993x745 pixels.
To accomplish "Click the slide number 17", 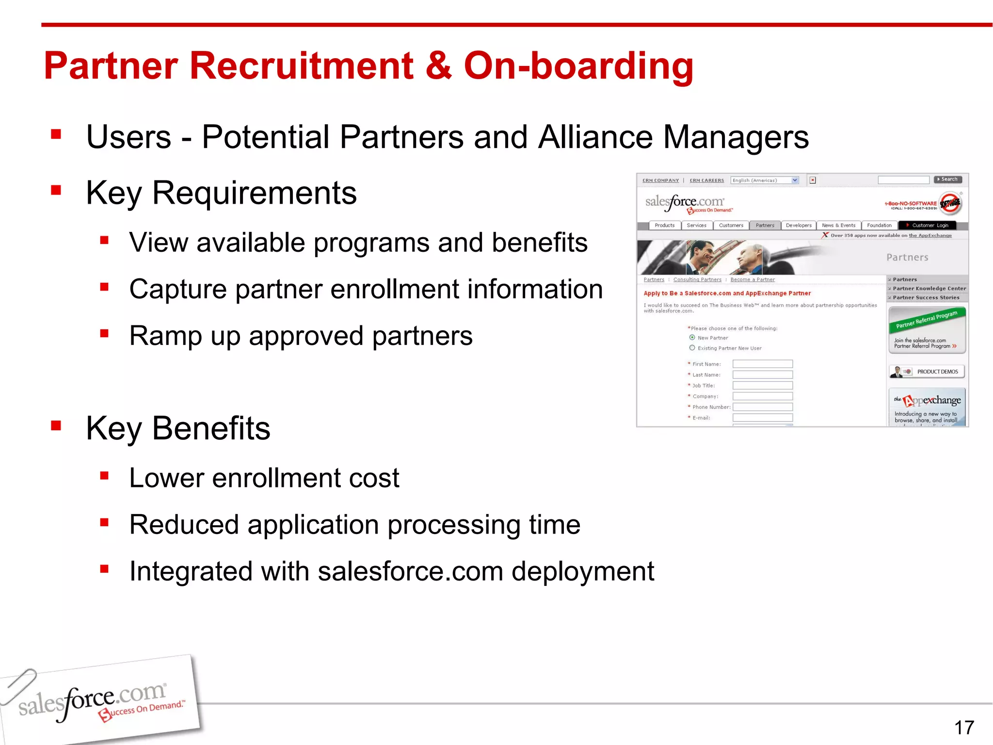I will (x=964, y=728).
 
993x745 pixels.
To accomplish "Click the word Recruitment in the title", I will (x=301, y=66).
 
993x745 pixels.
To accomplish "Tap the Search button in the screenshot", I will (x=948, y=179).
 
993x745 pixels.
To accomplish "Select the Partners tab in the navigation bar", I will (x=765, y=226).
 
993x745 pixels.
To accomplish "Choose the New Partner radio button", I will (x=692, y=338).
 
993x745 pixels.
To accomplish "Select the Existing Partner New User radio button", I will (x=692, y=348).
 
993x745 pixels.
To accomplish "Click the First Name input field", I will (x=762, y=364).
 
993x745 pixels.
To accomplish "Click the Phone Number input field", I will (x=762, y=407).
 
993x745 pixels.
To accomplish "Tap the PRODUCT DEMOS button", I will (x=927, y=372).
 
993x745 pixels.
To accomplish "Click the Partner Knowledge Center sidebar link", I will (x=929, y=289).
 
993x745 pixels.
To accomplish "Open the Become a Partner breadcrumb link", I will (x=752, y=280).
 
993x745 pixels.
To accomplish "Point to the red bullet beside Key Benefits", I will (x=56, y=426).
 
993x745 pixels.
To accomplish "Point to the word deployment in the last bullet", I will (x=582, y=571).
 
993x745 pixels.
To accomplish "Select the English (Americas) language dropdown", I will (x=764, y=180).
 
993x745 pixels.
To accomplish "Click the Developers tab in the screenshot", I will (x=798, y=226).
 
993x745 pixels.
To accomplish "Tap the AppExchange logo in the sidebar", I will (x=927, y=401).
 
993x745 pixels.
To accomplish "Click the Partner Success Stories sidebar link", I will (x=926, y=298).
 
